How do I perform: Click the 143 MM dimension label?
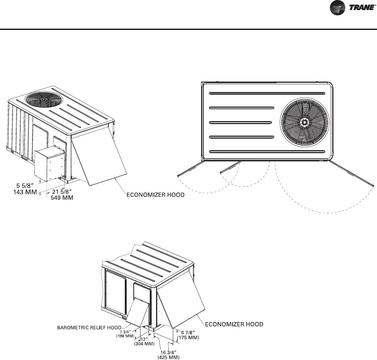(19, 192)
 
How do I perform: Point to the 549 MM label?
(62, 198)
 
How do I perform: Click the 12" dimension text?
(143, 339)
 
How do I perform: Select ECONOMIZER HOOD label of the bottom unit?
(233, 325)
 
